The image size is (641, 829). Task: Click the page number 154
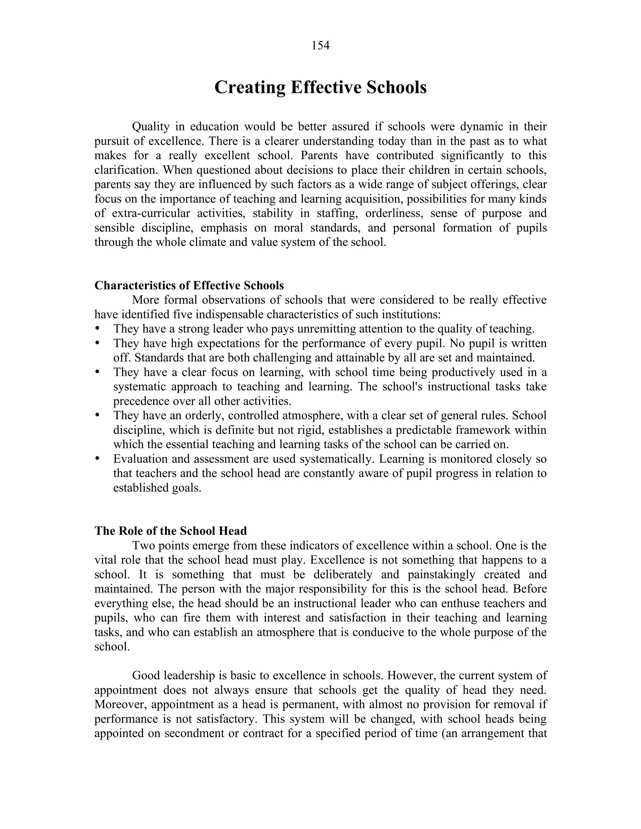point(320,46)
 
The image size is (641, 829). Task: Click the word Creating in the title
point(250,87)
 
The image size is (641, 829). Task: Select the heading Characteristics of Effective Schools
point(189,285)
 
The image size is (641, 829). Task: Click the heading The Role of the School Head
point(171,531)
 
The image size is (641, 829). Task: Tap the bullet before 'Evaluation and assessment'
point(97,459)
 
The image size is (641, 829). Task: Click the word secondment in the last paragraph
point(194,733)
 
